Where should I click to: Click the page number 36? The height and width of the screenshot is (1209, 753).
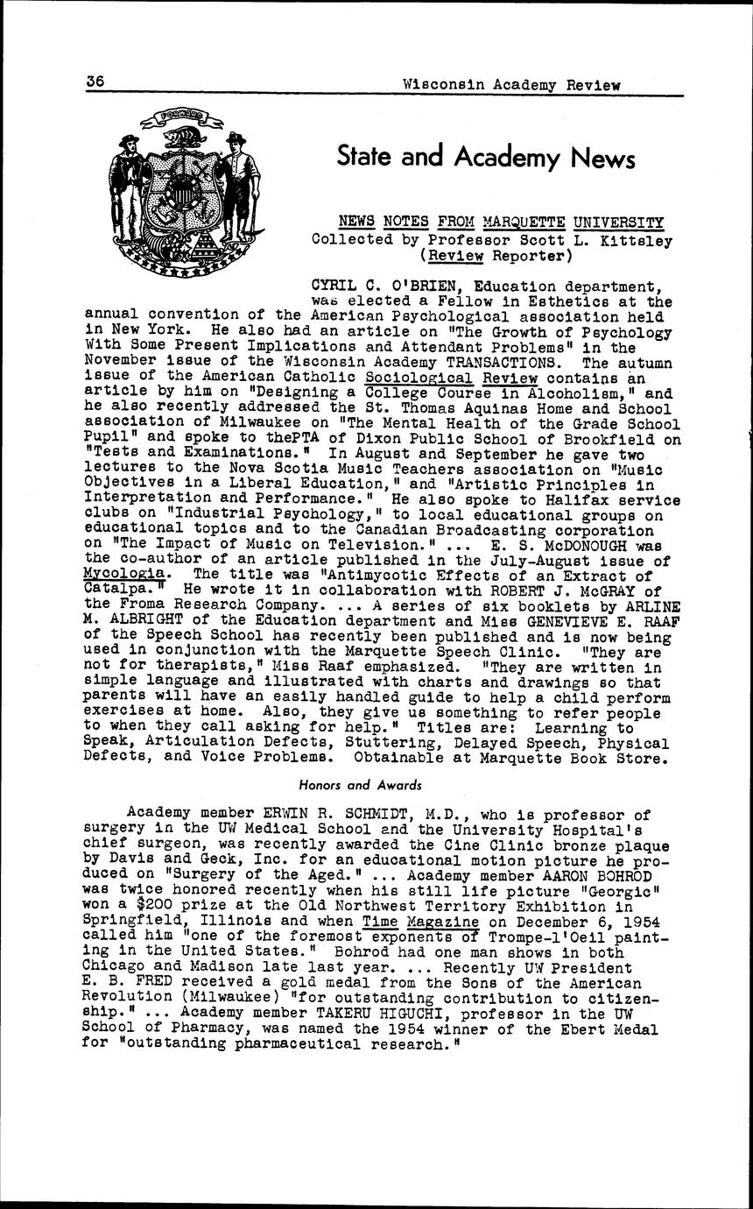coord(95,81)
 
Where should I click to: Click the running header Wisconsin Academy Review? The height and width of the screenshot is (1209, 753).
coord(511,85)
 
